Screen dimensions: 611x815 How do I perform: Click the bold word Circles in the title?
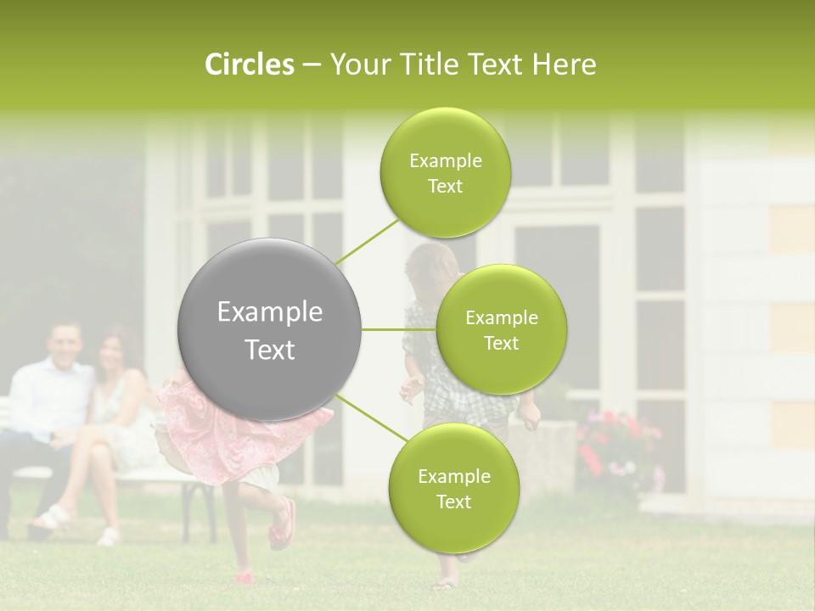(249, 64)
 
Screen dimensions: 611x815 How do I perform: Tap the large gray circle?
(269, 329)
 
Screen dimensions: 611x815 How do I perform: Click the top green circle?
(445, 173)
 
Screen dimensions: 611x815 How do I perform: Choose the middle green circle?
(501, 330)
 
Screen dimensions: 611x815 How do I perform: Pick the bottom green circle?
(453, 489)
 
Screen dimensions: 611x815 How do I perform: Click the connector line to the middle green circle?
(399, 329)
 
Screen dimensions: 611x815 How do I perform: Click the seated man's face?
(65, 345)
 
